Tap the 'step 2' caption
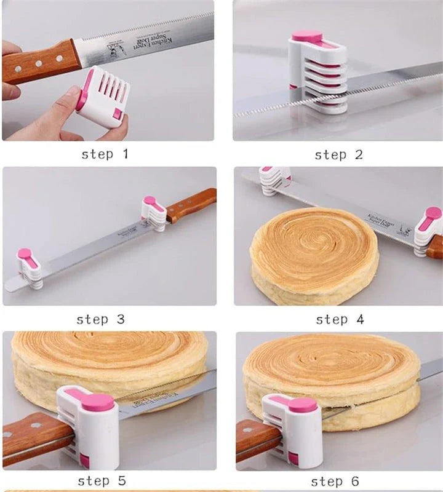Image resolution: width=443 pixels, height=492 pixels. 338,155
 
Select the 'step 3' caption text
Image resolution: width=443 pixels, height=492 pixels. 100,319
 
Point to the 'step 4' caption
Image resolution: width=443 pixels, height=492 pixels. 340,319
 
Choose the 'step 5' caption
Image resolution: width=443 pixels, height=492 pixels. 102,480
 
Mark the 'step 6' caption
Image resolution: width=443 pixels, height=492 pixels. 336,481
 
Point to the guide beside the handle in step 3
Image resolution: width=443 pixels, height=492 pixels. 153,213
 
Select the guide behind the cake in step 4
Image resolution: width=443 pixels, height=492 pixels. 273,180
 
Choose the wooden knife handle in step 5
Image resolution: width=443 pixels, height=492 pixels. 34,433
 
